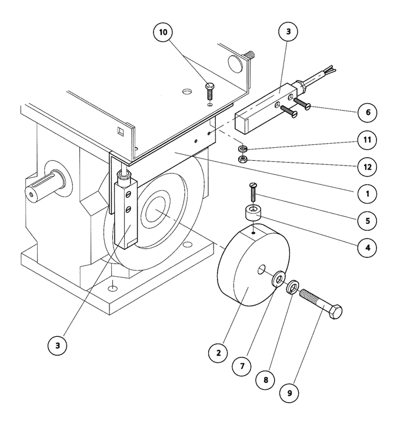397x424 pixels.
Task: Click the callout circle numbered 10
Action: [163, 32]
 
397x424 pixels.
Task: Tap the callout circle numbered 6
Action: [368, 112]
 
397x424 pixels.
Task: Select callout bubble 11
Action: [367, 140]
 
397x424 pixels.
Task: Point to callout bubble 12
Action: [367, 167]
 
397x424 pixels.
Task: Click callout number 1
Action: [367, 194]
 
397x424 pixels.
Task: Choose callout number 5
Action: [367, 221]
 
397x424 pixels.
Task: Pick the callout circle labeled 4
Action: [367, 247]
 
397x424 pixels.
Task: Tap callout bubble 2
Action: [218, 353]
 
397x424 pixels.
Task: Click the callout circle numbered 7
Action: [242, 366]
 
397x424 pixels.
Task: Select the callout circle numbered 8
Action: [266, 380]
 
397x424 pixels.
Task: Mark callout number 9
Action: [289, 393]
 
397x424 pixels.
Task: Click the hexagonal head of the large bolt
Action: [335, 312]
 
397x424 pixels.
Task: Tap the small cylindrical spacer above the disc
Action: [253, 213]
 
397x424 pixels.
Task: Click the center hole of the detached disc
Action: [261, 270]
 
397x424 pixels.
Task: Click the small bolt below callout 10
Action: [210, 91]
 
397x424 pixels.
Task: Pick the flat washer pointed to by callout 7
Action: [278, 278]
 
